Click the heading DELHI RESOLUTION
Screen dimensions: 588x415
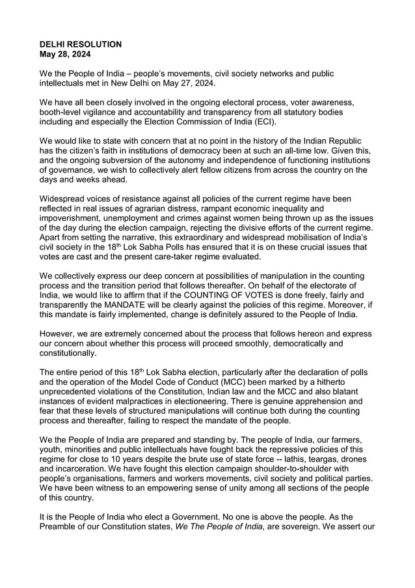tap(81, 44)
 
